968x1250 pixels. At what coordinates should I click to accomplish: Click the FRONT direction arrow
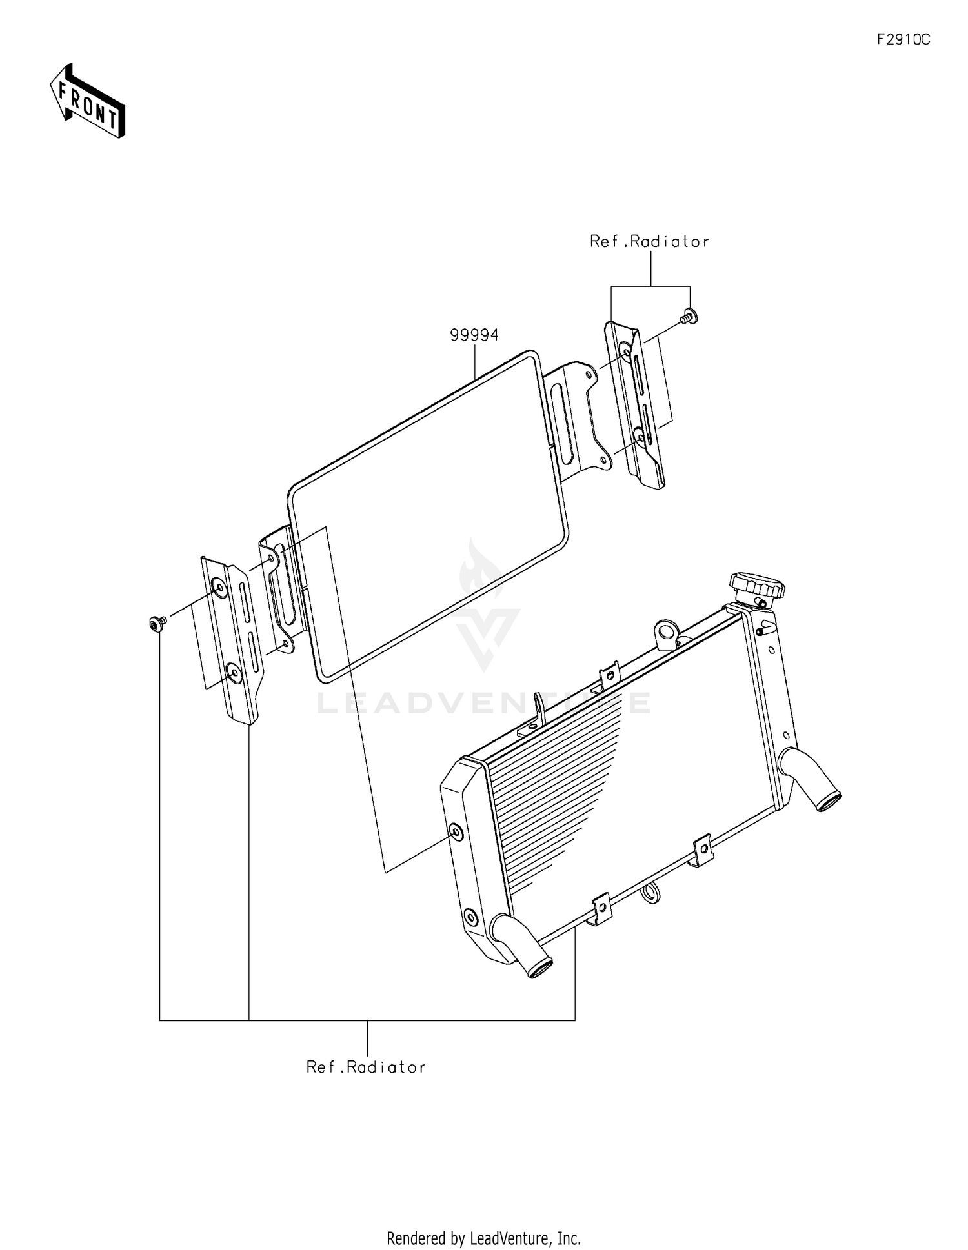[x=88, y=102]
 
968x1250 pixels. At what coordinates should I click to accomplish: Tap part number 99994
[x=474, y=335]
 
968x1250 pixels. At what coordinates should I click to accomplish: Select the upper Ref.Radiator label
[x=649, y=242]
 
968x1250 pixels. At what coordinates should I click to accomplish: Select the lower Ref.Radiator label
[x=366, y=1067]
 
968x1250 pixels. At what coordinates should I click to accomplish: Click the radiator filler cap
[x=757, y=584]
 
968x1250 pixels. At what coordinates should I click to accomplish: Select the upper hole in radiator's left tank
[x=456, y=832]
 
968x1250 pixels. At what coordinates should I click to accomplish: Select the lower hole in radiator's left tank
[x=470, y=916]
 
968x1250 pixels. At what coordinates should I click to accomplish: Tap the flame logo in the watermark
[x=481, y=568]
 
